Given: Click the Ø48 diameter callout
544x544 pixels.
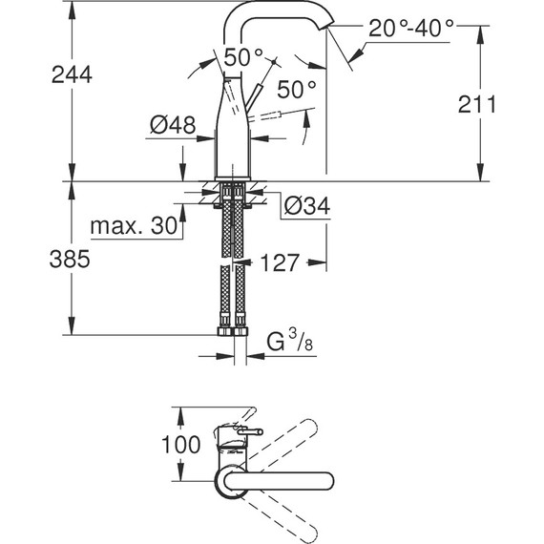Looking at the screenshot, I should click(x=173, y=125).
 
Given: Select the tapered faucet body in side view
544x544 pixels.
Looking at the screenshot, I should click(x=229, y=134).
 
